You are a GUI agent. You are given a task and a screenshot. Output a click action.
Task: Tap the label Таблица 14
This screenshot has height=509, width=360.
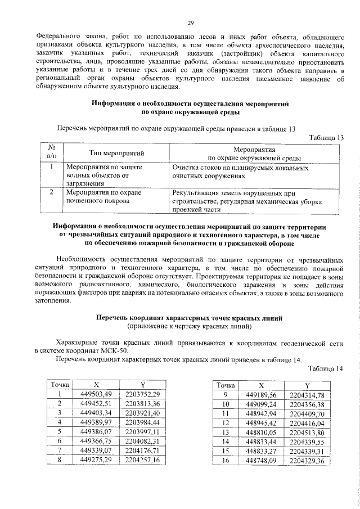326,368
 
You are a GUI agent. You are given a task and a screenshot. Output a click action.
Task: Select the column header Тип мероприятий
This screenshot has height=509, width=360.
117,152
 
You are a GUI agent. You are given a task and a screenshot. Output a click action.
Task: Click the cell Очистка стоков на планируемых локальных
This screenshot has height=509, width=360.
240,168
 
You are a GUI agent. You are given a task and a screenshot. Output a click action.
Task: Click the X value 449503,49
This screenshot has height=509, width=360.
97,394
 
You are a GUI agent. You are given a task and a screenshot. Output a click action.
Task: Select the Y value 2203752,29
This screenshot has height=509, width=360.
143,394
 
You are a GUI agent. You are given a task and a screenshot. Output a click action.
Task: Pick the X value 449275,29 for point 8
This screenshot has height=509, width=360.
97,461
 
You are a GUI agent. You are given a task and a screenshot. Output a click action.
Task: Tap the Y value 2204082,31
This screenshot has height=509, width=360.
143,442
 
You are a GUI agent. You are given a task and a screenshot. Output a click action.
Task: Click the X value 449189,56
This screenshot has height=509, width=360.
262,395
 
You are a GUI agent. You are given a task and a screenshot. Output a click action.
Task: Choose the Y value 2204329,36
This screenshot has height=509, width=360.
307,461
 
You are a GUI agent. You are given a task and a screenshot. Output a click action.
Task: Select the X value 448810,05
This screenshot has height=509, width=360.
262,432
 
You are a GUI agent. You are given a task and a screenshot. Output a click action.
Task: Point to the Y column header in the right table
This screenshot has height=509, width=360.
307,385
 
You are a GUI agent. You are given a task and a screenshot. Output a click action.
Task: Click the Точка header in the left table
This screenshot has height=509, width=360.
60,385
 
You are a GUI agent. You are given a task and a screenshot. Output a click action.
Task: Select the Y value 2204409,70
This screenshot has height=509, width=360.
307,413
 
